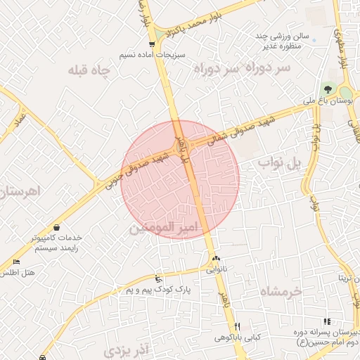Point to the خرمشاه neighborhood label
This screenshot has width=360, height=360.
pyautogui.click(x=280, y=290)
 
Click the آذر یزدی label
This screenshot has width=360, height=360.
pyautogui.click(x=127, y=349)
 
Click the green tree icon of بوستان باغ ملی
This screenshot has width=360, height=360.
pyautogui.click(x=326, y=89)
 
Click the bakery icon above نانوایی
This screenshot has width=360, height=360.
pyautogui.click(x=216, y=259)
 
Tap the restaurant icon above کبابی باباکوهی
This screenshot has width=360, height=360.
pyautogui.click(x=238, y=326)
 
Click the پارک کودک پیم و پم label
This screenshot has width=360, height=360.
pyautogui.click(x=159, y=289)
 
